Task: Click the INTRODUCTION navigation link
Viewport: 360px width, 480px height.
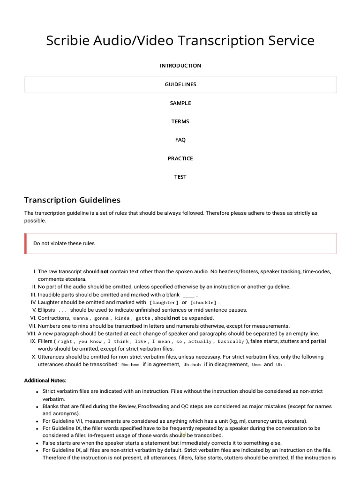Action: coord(180,66)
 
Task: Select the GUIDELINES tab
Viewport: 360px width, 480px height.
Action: coord(180,84)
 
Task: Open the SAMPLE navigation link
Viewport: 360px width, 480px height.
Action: coord(180,103)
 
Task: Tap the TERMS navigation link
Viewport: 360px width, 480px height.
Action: coord(180,121)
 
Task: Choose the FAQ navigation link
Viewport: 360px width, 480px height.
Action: coord(180,140)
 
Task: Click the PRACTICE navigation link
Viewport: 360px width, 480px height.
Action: coord(180,158)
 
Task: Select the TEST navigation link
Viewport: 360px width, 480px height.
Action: coord(180,177)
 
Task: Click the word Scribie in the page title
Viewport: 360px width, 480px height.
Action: coord(69,41)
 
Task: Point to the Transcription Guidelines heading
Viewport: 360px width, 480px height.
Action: coord(72,200)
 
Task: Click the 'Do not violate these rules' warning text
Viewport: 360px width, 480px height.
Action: coord(64,243)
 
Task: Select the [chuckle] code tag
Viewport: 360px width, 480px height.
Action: coord(203,303)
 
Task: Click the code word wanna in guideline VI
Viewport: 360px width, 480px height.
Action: coord(81,318)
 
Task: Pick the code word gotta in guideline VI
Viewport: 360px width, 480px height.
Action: coord(143,318)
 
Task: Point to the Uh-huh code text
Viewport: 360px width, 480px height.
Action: coord(191,365)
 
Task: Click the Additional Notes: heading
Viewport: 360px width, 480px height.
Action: coord(45,380)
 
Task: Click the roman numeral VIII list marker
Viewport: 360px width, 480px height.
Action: coord(31,333)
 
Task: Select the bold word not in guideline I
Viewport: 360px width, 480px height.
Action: coord(105,271)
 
